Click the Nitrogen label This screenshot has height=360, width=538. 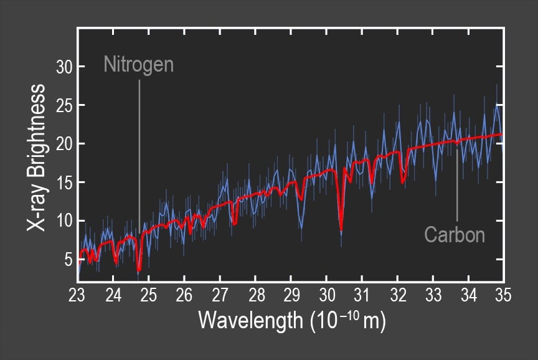click(138, 65)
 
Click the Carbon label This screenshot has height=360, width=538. click(455, 235)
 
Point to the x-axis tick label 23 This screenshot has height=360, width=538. click(77, 295)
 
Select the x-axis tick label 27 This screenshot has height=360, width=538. click(220, 295)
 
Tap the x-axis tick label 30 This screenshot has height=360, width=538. click(326, 295)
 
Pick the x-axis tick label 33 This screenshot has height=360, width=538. click(433, 295)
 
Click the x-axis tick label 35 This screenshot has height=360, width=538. click(503, 295)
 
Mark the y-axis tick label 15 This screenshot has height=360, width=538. click(63, 182)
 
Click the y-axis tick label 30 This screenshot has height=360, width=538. click(63, 67)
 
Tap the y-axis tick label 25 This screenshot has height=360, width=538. click(63, 105)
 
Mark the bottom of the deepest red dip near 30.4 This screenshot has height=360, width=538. click(341, 230)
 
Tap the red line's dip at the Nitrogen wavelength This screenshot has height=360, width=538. click(139, 270)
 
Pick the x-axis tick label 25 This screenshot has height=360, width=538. click(148, 295)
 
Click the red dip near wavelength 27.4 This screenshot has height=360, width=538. click(235, 222)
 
